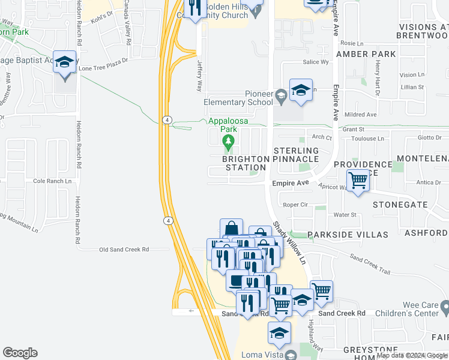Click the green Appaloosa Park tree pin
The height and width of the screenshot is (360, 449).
coord(228,142)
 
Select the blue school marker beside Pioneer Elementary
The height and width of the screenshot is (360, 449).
coord(301,91)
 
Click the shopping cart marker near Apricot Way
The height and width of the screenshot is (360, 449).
coord(358,180)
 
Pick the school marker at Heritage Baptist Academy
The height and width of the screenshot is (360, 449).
coord(64,63)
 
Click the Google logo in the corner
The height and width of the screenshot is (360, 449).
coord(20,353)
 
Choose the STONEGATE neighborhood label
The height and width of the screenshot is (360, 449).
coord(400,205)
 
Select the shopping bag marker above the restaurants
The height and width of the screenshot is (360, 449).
coord(231,229)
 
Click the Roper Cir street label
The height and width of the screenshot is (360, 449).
coord(295,205)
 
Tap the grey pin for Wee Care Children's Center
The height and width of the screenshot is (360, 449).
coord(445,308)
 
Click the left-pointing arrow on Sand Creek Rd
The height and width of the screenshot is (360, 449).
coord(191,311)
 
